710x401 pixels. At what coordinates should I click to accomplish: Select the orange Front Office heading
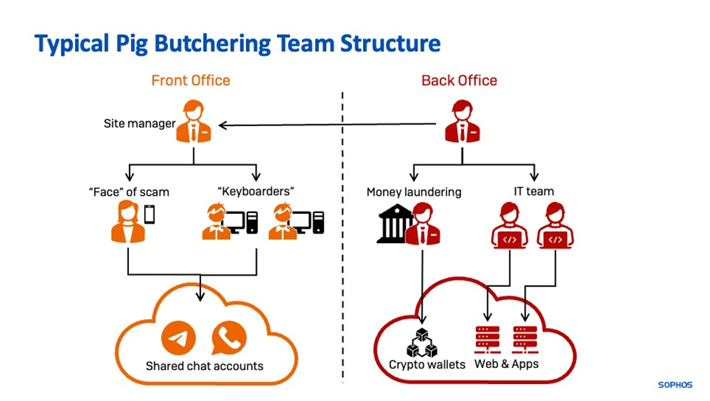(x=191, y=80)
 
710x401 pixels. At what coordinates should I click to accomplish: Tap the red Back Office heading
(x=459, y=80)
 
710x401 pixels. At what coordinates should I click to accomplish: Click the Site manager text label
(x=139, y=125)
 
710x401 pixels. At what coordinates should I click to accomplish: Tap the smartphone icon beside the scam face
(x=149, y=214)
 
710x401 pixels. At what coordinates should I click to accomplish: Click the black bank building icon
(x=395, y=224)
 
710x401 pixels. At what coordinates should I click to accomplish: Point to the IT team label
(x=534, y=191)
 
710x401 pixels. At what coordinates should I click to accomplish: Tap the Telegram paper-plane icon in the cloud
(x=179, y=339)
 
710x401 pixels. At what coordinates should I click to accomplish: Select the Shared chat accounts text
(x=205, y=366)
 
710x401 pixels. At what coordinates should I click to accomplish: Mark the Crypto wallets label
(x=427, y=365)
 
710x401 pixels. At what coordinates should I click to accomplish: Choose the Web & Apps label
(x=507, y=365)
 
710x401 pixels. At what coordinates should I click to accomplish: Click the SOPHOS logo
(x=674, y=385)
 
